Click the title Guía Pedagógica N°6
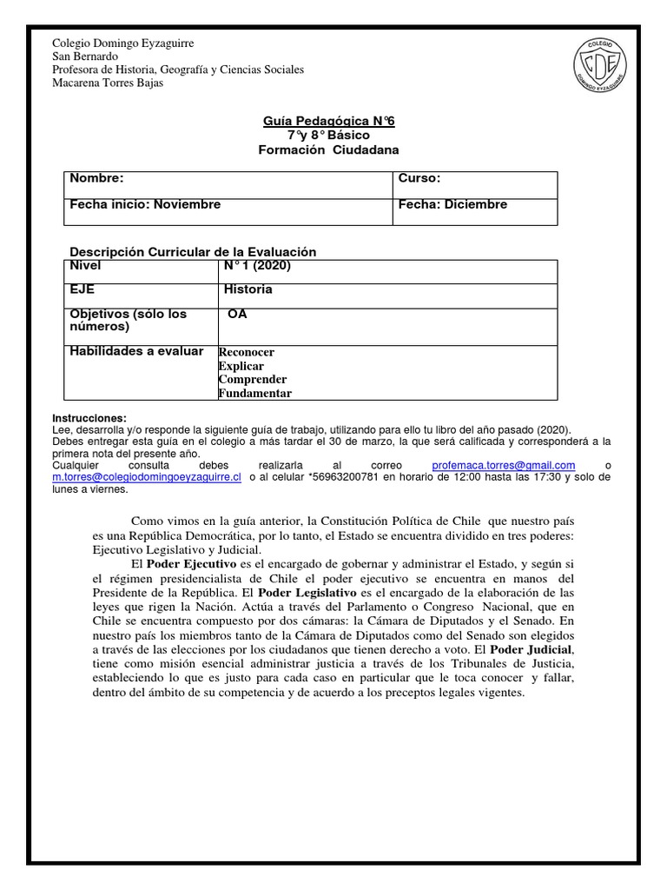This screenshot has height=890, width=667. coord(328,122)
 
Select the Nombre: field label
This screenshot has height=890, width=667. coord(97,178)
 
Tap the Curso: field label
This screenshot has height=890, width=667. coord(419,178)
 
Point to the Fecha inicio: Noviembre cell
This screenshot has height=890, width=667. coord(145,204)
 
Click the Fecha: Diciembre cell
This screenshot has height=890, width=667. coord(452,204)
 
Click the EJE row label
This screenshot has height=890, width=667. coord(83,289)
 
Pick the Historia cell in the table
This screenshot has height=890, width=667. coord(248,289)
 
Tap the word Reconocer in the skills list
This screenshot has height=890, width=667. coord(247,352)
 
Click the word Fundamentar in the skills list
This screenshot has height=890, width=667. coord(255,393)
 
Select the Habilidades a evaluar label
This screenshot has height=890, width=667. coord(136,351)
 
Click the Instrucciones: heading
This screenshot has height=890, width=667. coord(89,418)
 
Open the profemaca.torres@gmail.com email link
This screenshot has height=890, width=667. coord(504,465)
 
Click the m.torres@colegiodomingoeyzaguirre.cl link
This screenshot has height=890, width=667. coord(147,477)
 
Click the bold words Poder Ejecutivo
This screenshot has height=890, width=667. coord(191,564)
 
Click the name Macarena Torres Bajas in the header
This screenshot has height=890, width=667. coord(108,83)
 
